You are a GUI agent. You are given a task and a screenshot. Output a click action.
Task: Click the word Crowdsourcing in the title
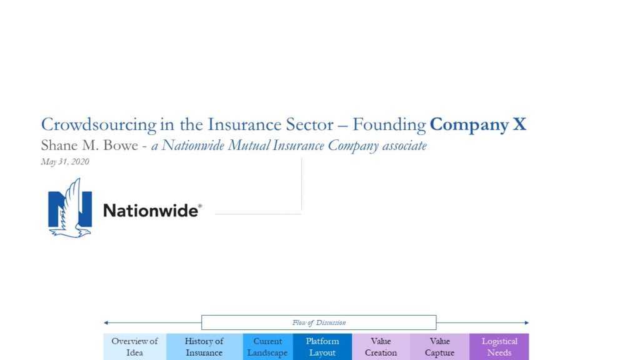[98, 125]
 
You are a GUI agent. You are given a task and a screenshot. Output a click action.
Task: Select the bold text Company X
[478, 125]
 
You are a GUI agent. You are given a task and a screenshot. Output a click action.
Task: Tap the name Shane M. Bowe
[89, 145]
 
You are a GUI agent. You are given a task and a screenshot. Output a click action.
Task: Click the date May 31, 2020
[65, 162]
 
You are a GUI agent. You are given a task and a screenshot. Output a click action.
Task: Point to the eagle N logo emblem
[70, 207]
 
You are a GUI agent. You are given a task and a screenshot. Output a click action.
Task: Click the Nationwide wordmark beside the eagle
[152, 211]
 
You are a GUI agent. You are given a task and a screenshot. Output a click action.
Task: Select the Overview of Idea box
[135, 347]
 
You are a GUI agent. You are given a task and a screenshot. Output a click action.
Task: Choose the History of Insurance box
[204, 347]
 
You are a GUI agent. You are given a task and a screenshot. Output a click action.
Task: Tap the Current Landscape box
[267, 347]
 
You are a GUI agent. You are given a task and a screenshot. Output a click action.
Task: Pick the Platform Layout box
[322, 347]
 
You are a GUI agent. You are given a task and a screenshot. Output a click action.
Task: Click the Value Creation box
[381, 347]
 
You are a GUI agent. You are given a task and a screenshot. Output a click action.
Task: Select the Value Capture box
[439, 347]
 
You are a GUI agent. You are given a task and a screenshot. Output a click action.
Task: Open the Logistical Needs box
[499, 347]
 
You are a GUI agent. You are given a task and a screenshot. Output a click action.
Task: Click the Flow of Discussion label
[319, 322]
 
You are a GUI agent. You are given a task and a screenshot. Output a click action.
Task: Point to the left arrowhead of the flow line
[106, 322]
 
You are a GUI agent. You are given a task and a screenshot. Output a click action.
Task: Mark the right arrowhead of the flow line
[527, 322]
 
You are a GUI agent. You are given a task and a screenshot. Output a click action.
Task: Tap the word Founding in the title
[389, 125]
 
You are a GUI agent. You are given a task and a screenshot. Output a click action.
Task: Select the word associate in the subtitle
[404, 146]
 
